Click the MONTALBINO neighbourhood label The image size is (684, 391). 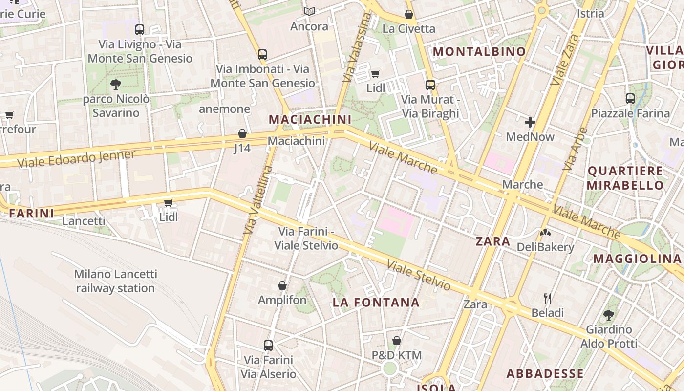coord(479,51)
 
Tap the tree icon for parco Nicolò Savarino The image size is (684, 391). coord(116,85)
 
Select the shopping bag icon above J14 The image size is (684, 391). coord(242,133)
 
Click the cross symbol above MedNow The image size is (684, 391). coord(530,122)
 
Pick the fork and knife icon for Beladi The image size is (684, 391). coord(548,298)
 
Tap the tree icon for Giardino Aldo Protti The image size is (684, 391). coord(609,315)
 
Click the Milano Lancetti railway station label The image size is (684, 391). coord(115,281)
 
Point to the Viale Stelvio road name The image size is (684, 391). coord(419,275)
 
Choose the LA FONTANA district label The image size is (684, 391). coord(376,303)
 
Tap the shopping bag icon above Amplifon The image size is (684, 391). coord(282,285)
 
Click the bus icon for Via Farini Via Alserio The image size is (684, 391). coord(268,346)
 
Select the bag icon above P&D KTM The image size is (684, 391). coord(397,341)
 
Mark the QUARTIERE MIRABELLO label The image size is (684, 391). coord(625,178)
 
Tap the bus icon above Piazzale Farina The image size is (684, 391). coord(630,99)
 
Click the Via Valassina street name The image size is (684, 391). coord(357,48)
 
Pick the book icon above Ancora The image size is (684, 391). coord(309,11)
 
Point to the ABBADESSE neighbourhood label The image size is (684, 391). coord(545,374)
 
